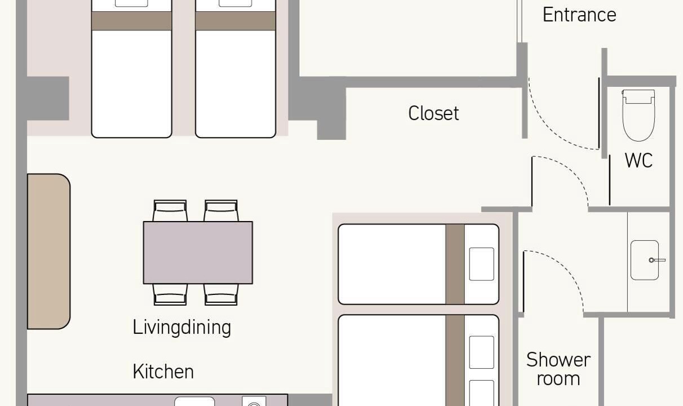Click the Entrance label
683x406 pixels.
579,15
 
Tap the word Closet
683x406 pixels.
433,113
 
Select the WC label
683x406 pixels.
639,160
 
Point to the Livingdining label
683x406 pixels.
181,328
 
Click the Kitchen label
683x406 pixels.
163,372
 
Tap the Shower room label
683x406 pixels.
558,369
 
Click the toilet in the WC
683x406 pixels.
638,115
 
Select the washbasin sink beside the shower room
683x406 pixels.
645,260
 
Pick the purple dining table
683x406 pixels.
198,253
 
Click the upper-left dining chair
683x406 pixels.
170,211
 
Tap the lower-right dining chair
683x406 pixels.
221,295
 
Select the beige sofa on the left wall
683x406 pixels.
49,251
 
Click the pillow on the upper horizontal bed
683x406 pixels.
481,264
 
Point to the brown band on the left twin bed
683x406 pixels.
131,21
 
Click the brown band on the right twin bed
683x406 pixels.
236,21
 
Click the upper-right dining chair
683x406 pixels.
221,211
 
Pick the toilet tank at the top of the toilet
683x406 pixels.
638,96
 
